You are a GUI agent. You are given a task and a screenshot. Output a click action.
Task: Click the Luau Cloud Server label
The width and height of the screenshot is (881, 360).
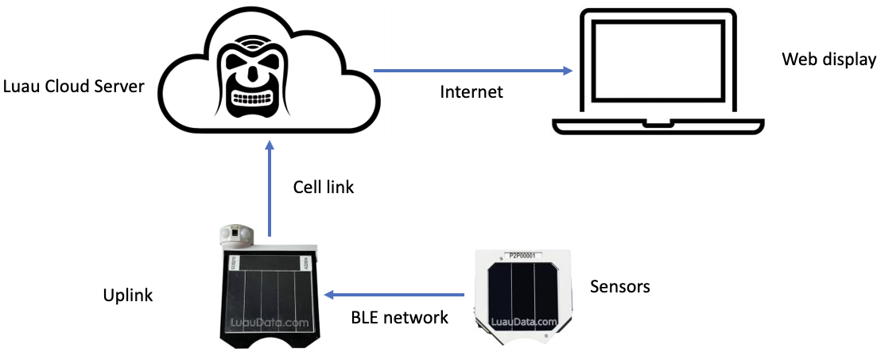tap(73, 86)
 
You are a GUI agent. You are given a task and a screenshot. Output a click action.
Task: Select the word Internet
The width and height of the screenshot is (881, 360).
tap(472, 91)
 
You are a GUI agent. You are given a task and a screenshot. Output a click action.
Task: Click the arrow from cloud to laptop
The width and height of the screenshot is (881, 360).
tap(474, 71)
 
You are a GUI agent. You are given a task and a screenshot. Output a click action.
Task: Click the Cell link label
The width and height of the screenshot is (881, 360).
tap(324, 188)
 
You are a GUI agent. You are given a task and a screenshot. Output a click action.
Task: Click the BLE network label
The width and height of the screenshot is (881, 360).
tap(399, 317)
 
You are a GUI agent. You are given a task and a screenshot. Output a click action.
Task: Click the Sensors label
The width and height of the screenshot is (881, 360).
tap(619, 286)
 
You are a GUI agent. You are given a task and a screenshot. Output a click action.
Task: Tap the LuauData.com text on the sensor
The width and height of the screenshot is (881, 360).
tap(524, 322)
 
